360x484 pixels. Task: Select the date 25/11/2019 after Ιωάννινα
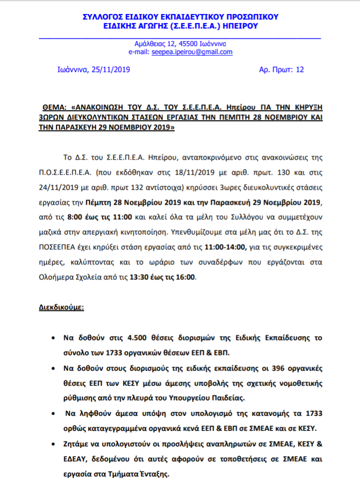pos(110,70)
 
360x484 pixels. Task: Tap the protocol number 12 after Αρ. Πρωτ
pos(299,70)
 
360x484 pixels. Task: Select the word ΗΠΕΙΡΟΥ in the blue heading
pos(242,27)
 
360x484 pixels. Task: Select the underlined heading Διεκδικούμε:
pos(61,307)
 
